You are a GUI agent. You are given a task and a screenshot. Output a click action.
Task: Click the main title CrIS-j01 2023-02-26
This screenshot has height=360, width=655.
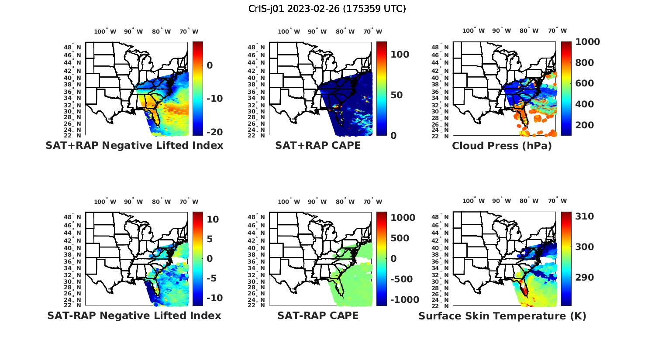(327, 9)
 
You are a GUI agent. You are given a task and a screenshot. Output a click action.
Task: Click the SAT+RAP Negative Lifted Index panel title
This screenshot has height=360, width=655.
(134, 145)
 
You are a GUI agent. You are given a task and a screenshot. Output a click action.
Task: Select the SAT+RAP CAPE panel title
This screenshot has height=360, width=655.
(318, 145)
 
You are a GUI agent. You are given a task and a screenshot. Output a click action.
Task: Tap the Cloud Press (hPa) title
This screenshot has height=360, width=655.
(502, 146)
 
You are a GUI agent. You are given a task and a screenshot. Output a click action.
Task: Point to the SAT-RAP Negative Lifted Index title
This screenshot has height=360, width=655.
(134, 315)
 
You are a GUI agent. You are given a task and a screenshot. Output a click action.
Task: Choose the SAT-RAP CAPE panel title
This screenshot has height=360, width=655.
(318, 315)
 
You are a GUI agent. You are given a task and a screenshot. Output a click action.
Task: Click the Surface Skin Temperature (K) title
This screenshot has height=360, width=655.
(502, 316)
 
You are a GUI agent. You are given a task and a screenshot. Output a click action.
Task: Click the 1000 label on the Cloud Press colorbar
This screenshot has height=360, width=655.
(587, 42)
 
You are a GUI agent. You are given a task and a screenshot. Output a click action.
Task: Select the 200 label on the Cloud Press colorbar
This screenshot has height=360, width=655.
(585, 125)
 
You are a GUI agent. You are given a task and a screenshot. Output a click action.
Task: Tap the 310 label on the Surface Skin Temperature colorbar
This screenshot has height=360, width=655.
(585, 216)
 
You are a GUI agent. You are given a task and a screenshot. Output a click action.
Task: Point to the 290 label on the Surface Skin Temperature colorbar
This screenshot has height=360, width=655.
(585, 278)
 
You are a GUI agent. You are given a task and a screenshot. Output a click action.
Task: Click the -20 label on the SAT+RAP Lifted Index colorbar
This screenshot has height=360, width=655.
(214, 132)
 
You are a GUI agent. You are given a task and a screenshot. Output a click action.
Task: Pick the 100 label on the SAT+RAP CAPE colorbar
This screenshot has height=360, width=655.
(400, 55)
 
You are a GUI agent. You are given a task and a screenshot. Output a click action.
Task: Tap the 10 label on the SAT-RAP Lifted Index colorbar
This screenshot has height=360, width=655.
(213, 219)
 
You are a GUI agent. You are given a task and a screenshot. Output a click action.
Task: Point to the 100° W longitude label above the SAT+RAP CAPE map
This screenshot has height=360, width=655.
(289, 31)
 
